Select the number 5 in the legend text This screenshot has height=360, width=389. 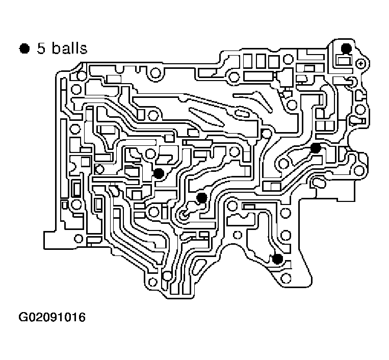click(x=40, y=48)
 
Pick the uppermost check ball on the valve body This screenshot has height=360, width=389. click(x=346, y=48)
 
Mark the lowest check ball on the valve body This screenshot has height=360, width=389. click(x=277, y=259)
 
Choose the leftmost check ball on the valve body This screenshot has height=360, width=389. click(x=159, y=173)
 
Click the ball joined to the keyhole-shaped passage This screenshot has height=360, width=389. click(x=201, y=197)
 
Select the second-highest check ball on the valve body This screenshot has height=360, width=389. click(x=315, y=148)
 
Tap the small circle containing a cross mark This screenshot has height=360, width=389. click(x=361, y=63)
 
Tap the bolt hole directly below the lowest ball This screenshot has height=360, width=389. click(x=286, y=277)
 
